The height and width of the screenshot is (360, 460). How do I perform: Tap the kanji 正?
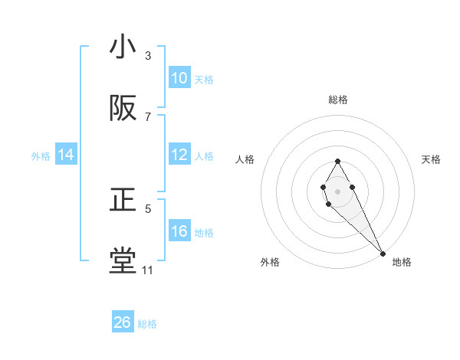123,201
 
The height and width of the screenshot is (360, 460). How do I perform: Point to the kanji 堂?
123,261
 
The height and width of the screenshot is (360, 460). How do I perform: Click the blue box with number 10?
179,78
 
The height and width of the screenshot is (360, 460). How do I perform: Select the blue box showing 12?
179,155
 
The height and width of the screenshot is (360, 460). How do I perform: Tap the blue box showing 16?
179,231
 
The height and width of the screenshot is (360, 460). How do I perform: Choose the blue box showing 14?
66,155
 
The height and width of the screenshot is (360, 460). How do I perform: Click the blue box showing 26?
123,322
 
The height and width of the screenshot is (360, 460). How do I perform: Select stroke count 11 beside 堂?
147,270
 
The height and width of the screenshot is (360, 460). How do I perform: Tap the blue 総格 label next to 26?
147,324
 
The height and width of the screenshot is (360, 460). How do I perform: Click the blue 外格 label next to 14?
41,155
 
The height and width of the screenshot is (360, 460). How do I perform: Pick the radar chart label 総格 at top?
338,100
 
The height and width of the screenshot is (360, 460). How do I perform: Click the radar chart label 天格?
432,159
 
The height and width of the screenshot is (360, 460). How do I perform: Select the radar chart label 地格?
402,262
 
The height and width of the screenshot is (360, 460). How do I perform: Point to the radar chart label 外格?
270,262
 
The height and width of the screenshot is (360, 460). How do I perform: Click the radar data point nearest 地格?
383,253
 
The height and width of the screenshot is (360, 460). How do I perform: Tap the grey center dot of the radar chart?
337,190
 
